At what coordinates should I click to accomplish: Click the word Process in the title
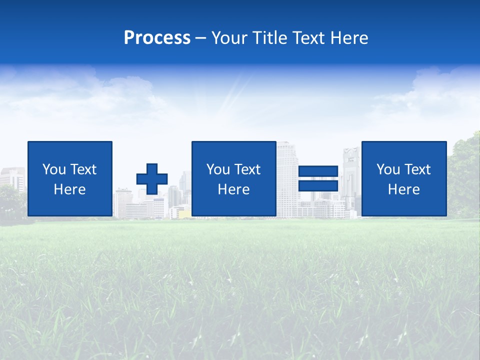coord(157,38)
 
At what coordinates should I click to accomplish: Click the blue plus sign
coord(152,179)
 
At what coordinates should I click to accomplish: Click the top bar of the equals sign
coord(318,171)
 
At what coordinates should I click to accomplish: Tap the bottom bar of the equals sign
coord(318,186)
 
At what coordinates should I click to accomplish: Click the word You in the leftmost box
coord(53,169)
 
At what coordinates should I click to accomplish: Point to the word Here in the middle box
coord(233,189)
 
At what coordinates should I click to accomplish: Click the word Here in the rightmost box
coord(403,189)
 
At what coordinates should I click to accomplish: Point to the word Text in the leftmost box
coord(83,169)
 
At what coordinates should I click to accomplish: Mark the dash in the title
coord(200,38)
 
